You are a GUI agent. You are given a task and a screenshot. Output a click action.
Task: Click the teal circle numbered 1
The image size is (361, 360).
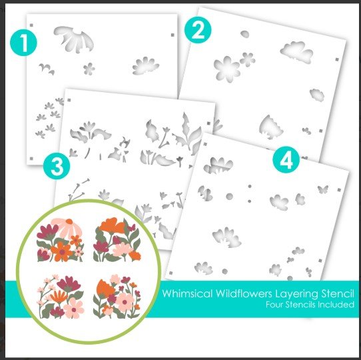[23, 43]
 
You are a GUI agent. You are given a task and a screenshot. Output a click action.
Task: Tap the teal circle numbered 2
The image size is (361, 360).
[198, 30]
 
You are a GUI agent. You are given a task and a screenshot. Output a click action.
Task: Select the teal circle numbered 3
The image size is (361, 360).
[57, 166]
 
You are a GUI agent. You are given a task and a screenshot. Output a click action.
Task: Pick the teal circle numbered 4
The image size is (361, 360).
[286, 160]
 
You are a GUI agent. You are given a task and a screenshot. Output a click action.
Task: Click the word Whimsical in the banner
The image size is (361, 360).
[187, 293]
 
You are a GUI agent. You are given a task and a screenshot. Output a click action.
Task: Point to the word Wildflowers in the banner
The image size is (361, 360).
[243, 293]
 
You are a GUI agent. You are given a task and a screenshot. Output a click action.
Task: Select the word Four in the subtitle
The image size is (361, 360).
[274, 305]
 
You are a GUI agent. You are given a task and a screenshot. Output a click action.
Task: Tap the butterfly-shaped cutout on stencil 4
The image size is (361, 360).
[323, 189]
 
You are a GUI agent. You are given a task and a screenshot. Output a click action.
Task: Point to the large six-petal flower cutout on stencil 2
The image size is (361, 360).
[226, 69]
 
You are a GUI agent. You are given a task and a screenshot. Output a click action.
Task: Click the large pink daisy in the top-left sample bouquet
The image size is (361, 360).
[65, 228]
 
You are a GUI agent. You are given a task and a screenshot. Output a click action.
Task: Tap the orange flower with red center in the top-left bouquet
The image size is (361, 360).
[61, 251]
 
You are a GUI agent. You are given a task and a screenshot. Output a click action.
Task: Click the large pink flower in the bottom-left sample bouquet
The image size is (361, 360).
[73, 308]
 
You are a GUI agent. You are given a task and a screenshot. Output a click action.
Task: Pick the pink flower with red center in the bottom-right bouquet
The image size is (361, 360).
[125, 302]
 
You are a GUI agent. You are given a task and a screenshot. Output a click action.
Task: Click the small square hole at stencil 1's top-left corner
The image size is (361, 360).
[31, 25]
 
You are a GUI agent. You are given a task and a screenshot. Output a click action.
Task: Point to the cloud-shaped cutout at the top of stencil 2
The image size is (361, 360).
[296, 52]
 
